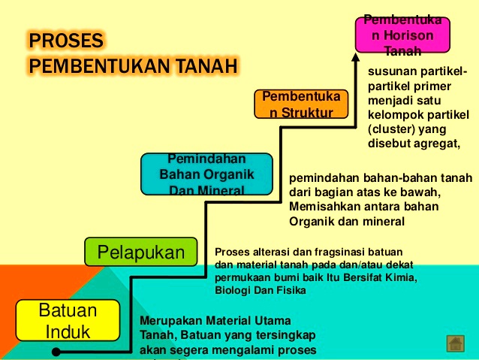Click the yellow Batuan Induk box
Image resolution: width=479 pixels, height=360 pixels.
click(68, 321)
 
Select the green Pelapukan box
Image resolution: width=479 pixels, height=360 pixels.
click(140, 252)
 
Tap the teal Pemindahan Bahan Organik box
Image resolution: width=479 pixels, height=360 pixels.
click(206, 174)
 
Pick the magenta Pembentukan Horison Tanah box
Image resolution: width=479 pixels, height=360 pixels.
click(402, 35)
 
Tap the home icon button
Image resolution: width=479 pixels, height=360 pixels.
click(454, 343)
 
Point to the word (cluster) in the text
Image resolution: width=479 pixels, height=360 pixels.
click(390, 129)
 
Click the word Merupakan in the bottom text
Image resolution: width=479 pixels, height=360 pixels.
click(170, 321)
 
